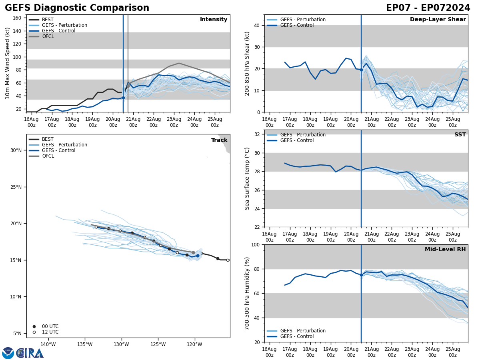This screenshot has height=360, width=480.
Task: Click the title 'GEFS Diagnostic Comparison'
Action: coord(77,8)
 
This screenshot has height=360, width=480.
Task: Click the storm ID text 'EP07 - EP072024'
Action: coord(428,8)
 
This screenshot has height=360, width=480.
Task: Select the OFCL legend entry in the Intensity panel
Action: coord(48,36)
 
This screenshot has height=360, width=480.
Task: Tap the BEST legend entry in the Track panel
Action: coord(48,139)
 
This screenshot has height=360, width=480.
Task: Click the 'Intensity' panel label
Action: coord(213,20)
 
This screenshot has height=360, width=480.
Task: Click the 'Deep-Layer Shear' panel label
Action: coord(438,20)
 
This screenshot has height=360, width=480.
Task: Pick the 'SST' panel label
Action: coord(460,135)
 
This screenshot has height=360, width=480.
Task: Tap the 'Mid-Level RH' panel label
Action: coord(445,250)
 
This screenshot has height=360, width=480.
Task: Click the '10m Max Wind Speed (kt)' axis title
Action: coord(8,63)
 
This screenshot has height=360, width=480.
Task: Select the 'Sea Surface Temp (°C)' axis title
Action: coord(247,178)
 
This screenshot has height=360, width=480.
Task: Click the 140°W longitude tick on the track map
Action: coord(48,344)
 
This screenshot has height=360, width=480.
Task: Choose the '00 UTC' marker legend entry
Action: coord(50,326)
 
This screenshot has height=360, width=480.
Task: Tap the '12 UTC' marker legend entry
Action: coord(50,332)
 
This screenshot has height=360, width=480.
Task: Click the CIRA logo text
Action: coord(30,353)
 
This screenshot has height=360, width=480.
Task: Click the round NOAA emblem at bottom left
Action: coord(8,353)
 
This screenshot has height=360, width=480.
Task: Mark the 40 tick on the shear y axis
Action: coord(256,25)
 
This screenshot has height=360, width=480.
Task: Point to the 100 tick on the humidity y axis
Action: coord(254,244)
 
